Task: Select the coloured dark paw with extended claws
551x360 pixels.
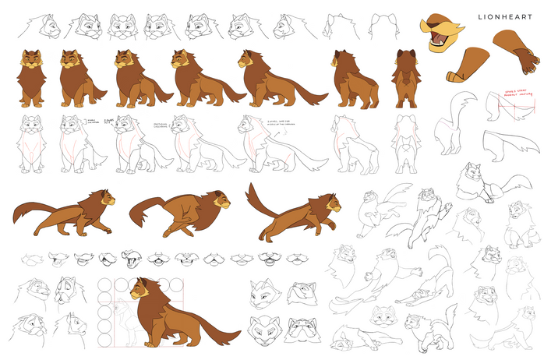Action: (x=516, y=53)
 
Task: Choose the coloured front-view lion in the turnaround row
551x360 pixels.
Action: (x=30, y=78)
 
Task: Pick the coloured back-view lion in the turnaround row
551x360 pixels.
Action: (x=405, y=78)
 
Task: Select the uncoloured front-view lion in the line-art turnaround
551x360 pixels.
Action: (x=30, y=143)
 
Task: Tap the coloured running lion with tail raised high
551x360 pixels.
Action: (x=293, y=212)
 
